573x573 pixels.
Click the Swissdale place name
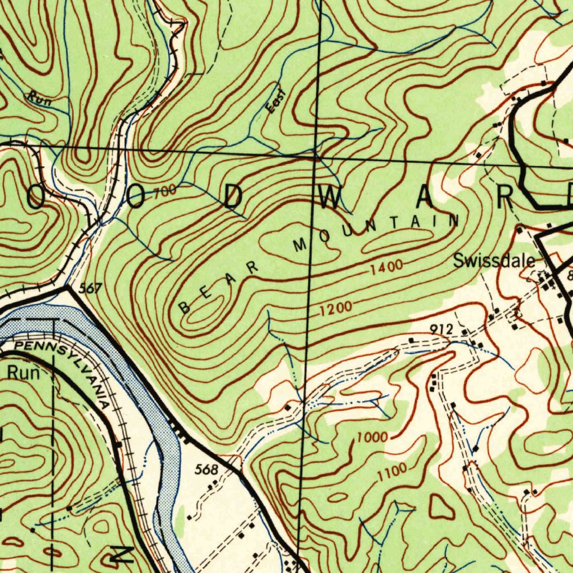[493, 261]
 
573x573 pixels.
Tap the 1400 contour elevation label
[386, 268]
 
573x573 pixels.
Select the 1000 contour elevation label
[372, 437]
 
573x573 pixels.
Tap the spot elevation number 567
[90, 288]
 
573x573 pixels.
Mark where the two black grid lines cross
[316, 159]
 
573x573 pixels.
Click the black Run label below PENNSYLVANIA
[24, 373]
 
